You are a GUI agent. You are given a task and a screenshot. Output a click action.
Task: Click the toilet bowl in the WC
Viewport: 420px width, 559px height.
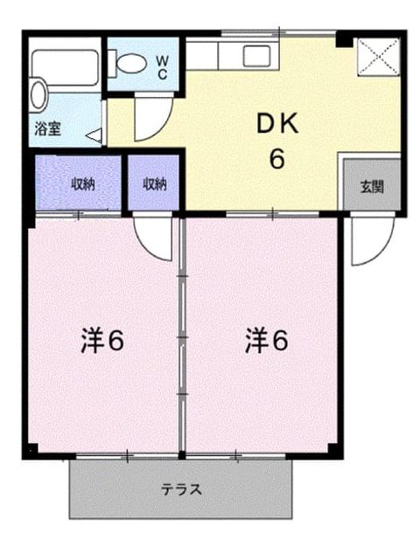click(x=131, y=64)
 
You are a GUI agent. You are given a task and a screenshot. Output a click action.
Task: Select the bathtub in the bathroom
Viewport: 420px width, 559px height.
click(x=65, y=68)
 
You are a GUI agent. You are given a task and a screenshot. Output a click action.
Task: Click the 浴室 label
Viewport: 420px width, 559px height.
click(x=47, y=128)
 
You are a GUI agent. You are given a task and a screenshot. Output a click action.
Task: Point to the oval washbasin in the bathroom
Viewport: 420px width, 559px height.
click(x=38, y=95)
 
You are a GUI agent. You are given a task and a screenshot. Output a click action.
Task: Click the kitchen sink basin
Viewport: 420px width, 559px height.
click(x=256, y=56)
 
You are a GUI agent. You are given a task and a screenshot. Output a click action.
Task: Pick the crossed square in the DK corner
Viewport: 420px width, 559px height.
click(x=379, y=57)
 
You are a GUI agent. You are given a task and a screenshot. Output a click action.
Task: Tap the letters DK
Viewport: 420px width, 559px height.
click(x=277, y=124)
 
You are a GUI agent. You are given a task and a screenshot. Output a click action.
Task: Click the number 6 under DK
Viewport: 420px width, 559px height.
click(x=277, y=159)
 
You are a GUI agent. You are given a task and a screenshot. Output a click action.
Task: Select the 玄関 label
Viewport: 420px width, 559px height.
click(x=372, y=187)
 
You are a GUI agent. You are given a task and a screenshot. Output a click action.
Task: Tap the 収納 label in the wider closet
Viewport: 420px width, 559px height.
click(x=84, y=184)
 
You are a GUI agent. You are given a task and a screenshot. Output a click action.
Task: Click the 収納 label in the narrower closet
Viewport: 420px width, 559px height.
click(x=155, y=184)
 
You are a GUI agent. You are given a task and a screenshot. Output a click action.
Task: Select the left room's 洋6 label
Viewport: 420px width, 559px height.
click(x=102, y=341)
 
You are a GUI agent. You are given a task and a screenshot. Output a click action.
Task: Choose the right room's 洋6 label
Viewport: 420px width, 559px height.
click(x=266, y=341)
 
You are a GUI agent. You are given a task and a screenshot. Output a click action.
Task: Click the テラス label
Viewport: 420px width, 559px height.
click(x=181, y=489)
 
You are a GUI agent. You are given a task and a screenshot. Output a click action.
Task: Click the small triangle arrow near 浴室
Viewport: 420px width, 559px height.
click(x=94, y=135)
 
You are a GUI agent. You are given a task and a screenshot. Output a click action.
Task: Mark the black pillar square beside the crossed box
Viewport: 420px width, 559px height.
click(x=345, y=39)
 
